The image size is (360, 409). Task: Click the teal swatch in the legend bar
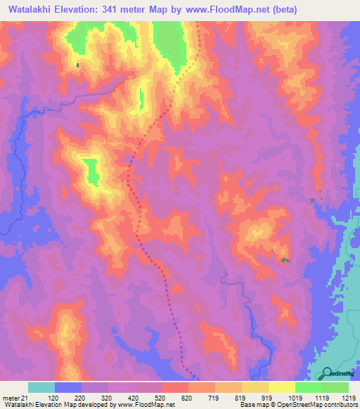tap(41, 387)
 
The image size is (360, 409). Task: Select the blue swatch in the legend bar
tap(68, 387)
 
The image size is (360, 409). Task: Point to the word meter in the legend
tap(10, 398)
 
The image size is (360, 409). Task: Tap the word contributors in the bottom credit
tap(336, 405)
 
